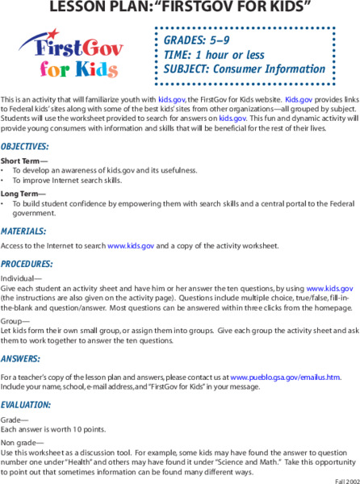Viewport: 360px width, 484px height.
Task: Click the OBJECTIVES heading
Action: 25,147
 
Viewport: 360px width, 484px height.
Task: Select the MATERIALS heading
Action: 23,230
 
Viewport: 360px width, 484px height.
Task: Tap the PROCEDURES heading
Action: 27,264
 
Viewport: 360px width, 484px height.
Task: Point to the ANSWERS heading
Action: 21,357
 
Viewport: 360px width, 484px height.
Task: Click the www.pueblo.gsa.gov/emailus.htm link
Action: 286,377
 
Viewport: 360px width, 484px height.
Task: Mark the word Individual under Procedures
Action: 19,279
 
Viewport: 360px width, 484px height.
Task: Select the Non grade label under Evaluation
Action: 17,441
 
